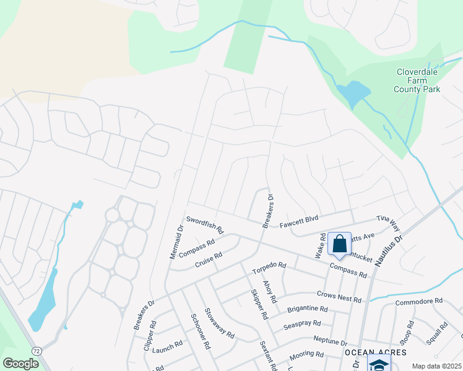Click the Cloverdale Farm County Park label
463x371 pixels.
coord(417,80)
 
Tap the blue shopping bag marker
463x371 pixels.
coord(339,244)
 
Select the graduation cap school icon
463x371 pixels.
coord(379,364)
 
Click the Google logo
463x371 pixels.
coord(21,364)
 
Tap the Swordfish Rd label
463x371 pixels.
coord(205,224)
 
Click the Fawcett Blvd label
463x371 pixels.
coord(298,218)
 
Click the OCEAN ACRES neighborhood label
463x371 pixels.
coord(376,352)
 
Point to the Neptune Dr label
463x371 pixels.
coord(330,341)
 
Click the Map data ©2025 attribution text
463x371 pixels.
coord(436,366)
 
